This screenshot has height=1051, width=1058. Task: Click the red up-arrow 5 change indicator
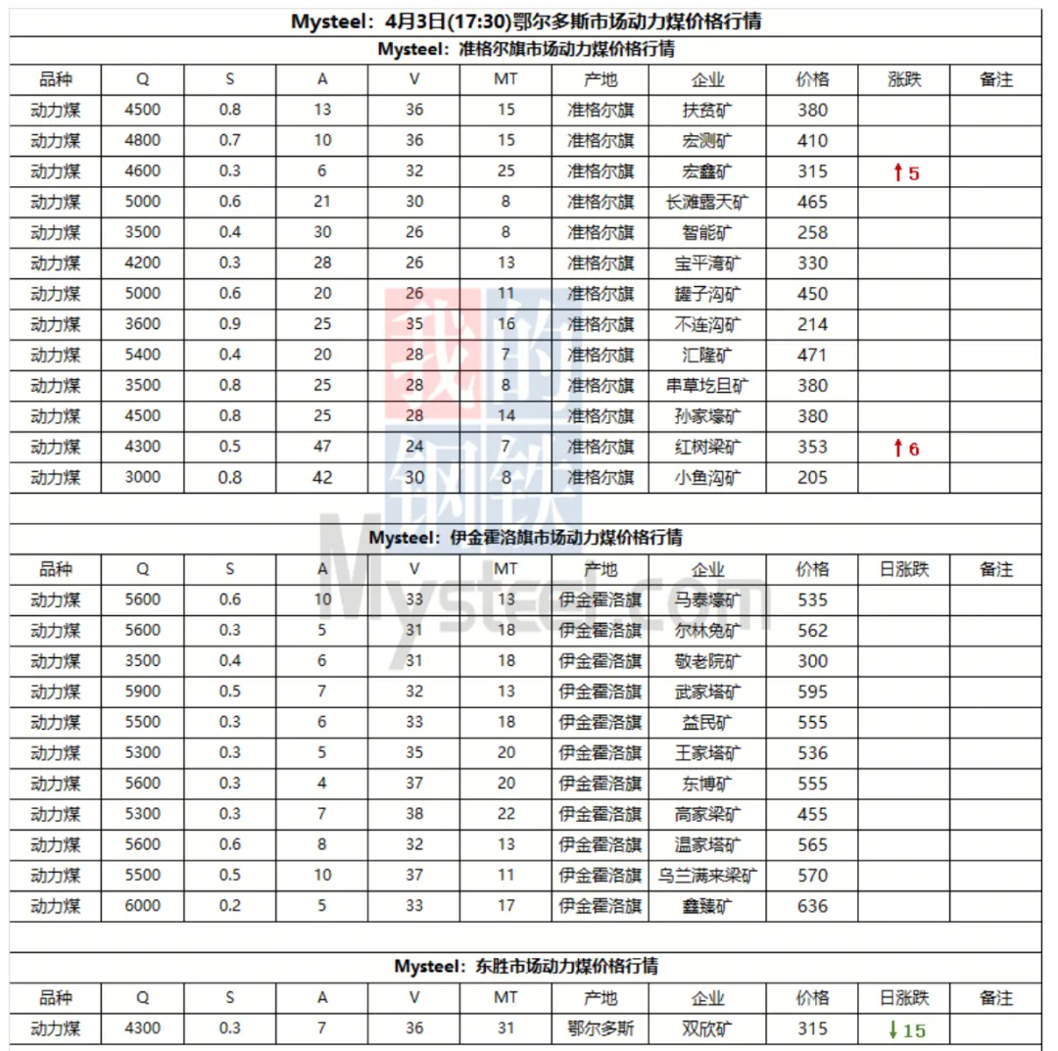[905, 173]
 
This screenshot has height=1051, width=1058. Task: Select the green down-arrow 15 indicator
[905, 1029]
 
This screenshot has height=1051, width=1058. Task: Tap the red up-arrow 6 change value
[905, 449]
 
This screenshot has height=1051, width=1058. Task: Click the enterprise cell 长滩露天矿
[706, 202]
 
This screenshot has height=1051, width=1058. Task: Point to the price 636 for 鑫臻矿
[812, 906]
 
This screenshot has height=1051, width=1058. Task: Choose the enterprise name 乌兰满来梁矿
[706, 876]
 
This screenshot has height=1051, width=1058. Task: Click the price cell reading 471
[812, 355]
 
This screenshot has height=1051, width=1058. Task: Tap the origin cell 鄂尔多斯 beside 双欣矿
[600, 1028]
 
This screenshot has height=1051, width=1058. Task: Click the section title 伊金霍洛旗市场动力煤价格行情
[526, 538]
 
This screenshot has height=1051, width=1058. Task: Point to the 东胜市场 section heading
[526, 967]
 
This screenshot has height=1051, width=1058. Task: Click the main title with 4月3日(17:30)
[526, 22]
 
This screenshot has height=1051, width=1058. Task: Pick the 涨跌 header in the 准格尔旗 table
[904, 80]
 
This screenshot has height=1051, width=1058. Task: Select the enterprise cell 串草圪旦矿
[706, 386]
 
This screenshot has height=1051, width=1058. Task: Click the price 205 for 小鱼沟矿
[812, 478]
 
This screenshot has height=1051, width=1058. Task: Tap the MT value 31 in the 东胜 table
[505, 1028]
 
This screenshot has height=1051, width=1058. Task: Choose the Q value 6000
[143, 906]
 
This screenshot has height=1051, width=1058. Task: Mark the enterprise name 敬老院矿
[706, 661]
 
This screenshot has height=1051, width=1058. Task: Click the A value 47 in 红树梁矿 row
[322, 448]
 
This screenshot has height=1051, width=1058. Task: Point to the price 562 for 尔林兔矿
[812, 631]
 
